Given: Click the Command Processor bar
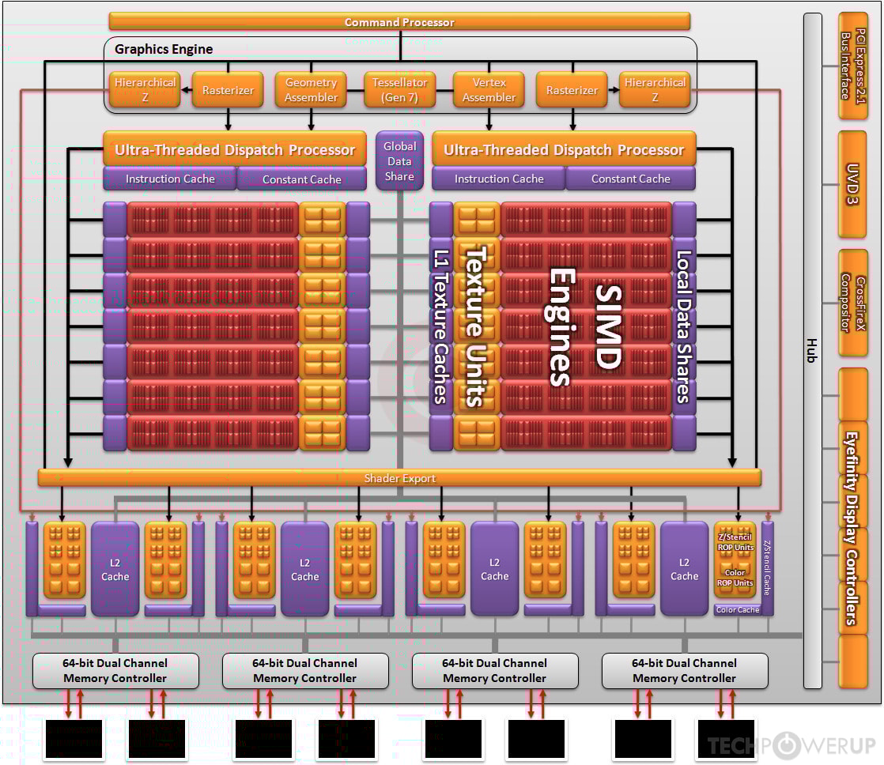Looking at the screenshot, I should pyautogui.click(x=399, y=21).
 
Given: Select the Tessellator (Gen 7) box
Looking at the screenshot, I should pyautogui.click(x=399, y=90).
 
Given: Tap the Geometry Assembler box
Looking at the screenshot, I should pyautogui.click(x=311, y=90).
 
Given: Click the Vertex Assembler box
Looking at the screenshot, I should pyautogui.click(x=489, y=90).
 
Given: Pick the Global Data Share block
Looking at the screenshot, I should pyautogui.click(x=399, y=160).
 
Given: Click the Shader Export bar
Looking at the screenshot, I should pyautogui.click(x=399, y=478).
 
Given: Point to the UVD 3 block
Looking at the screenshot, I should pyautogui.click(x=852, y=184).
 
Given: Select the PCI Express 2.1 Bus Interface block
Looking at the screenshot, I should pyautogui.click(x=852, y=66).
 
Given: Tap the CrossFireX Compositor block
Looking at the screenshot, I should pyautogui.click(x=852, y=303).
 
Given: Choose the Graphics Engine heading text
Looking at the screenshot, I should pyautogui.click(x=164, y=49).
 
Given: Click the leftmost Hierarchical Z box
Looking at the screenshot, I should pyautogui.click(x=145, y=90).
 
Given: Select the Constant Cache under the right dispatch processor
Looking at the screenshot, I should pyautogui.click(x=630, y=179).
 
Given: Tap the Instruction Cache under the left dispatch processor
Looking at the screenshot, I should pyautogui.click(x=170, y=179).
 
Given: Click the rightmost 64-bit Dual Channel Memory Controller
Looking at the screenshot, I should pyautogui.click(x=684, y=671).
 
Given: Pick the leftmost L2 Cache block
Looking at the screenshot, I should pyautogui.click(x=115, y=569).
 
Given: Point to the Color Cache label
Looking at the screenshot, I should pyautogui.click(x=737, y=610).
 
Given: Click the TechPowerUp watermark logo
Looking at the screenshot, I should pyautogui.click(x=791, y=745).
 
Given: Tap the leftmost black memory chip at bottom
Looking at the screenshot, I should pyautogui.click(x=74, y=739).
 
